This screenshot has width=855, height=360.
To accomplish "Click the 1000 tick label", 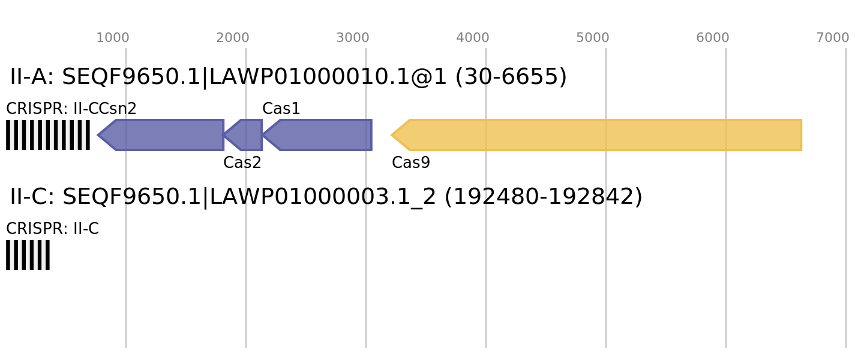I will point(113,38).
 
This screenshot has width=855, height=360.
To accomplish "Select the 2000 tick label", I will point(233,38).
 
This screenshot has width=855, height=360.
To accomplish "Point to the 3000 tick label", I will point(353,38).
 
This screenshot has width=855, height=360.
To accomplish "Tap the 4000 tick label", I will point(473,38).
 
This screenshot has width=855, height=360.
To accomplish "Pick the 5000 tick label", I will point(593,38).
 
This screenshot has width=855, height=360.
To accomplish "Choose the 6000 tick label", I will point(713,38).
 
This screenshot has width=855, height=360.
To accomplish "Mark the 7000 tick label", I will point(833,38).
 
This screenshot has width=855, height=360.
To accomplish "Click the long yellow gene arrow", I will point(600,135).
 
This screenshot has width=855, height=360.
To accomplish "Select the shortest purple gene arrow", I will point(246,135).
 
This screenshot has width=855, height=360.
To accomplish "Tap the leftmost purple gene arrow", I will point(165,135).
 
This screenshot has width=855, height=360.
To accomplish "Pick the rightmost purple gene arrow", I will point(321,135).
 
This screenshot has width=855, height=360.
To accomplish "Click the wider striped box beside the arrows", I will point(48,135).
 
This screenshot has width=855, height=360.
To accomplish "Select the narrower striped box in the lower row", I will point(28,255).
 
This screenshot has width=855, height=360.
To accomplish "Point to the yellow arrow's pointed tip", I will point(392,135).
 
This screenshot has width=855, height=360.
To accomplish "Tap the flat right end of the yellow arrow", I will point(801,135).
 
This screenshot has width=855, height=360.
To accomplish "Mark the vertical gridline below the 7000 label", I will point(846,240).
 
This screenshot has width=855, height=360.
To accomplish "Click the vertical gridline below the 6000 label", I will point(726,240).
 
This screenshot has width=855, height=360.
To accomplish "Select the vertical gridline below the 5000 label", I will point(606,240).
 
